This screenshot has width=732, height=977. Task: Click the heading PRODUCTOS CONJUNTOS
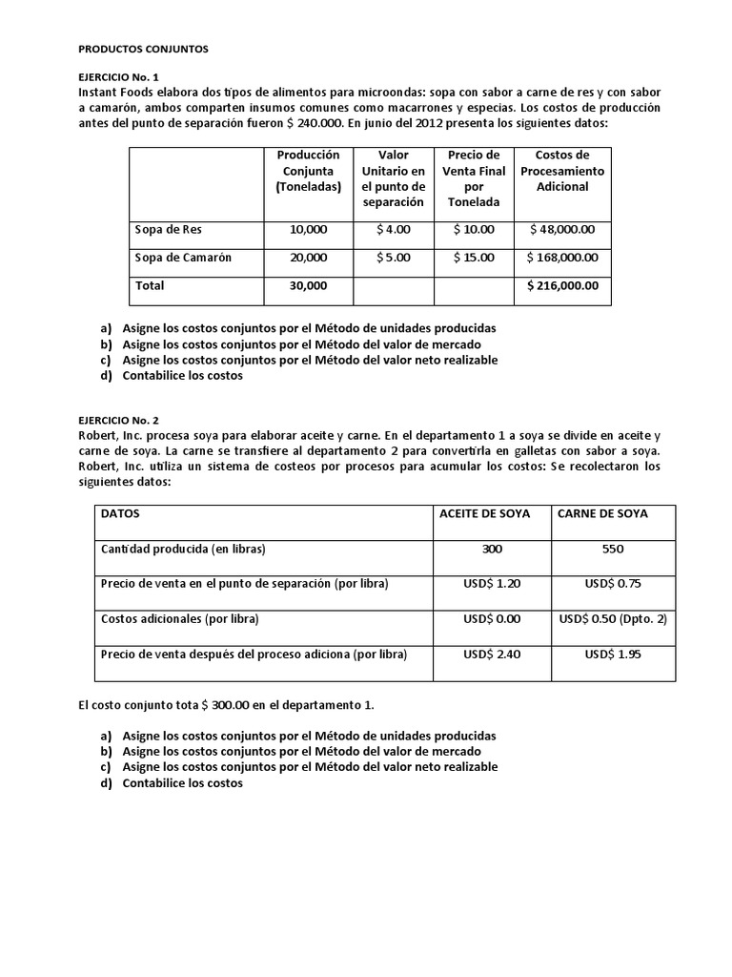click(x=141, y=47)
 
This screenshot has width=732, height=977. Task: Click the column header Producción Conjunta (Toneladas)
click(x=302, y=171)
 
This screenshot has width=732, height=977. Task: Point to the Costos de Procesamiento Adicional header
click(x=562, y=171)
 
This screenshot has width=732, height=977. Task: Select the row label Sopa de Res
click(x=169, y=230)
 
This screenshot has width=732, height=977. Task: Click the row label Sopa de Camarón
click(x=182, y=258)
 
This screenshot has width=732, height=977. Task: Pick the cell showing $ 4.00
click(x=393, y=230)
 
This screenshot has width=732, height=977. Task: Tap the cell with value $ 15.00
click(x=474, y=258)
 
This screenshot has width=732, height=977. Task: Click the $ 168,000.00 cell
click(x=562, y=258)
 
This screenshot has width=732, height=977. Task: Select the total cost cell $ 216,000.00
click(x=562, y=285)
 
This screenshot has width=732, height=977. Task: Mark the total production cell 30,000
click(x=308, y=285)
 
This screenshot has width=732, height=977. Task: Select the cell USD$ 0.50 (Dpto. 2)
click(x=613, y=619)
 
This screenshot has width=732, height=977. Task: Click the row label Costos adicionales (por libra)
click(x=180, y=619)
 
